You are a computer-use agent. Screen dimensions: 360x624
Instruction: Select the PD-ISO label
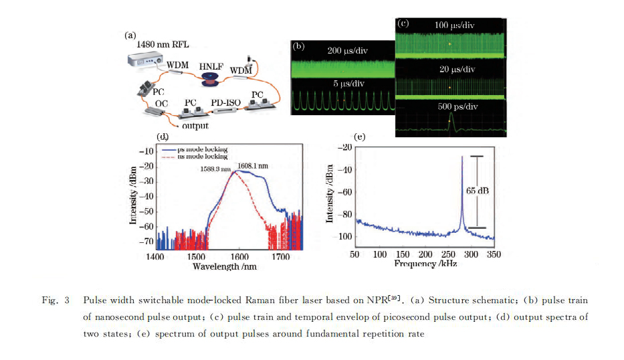click(225, 102)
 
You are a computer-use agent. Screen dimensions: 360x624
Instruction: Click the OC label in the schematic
click(161, 104)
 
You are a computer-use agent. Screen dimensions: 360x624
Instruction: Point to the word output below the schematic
click(195, 125)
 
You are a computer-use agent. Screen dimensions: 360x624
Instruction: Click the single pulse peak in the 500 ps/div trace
click(450, 115)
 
